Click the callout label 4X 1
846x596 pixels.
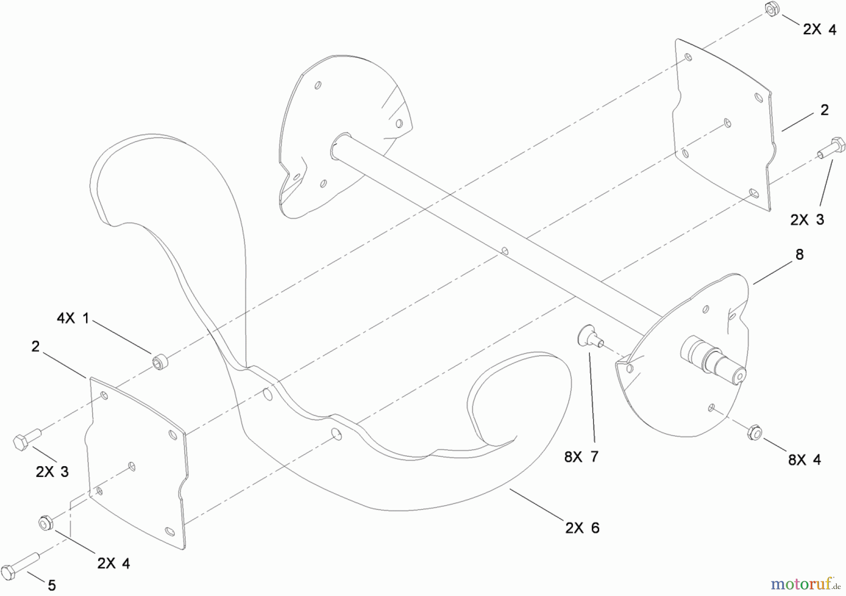73,318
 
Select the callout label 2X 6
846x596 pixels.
582,528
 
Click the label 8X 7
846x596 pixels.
581,456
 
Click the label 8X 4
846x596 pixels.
805,460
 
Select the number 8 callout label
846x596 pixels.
799,254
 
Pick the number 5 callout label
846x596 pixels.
52,585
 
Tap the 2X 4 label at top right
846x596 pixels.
820,30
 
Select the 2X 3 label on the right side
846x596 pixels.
807,220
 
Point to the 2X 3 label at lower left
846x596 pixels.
52,471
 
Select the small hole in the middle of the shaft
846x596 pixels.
505,251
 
